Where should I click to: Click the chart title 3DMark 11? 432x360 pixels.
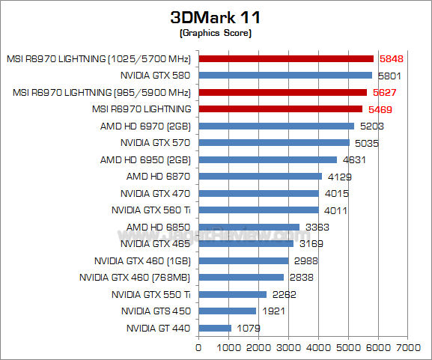[x=216, y=16]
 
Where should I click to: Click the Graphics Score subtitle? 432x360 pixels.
[x=216, y=33]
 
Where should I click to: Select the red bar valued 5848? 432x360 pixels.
[x=285, y=58]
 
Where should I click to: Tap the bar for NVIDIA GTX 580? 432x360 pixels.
[x=285, y=75]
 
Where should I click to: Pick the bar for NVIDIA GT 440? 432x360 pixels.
[x=214, y=328]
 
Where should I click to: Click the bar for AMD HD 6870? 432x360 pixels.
[x=260, y=176]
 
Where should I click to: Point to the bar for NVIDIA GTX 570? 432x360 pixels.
[x=273, y=142]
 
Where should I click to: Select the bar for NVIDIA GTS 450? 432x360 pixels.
[x=227, y=311]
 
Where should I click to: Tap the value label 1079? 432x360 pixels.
[x=248, y=328]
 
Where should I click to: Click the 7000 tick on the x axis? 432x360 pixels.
[x=408, y=347]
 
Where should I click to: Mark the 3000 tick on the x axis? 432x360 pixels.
[x=288, y=347]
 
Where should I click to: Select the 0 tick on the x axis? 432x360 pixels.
[x=198, y=347]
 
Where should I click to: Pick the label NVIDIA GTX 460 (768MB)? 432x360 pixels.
[x=135, y=277]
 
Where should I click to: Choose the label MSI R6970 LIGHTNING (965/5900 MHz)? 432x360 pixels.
[x=102, y=92]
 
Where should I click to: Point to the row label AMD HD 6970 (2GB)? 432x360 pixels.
[x=145, y=126]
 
